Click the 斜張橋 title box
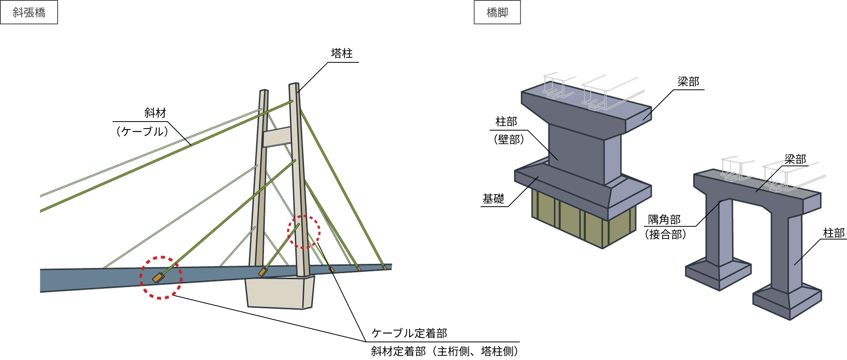click(29, 13)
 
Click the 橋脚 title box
click(497, 13)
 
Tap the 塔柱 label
click(342, 53)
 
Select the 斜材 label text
click(155, 113)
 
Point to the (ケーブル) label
click(142, 131)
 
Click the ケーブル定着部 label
click(409, 333)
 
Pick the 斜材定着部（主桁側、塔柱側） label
click(445, 351)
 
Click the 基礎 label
click(493, 199)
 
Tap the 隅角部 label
click(664, 220)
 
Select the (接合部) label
click(665, 235)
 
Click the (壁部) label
click(509, 139)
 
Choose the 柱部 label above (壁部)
click(506, 122)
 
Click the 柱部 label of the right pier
click(834, 233)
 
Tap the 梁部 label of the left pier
click(688, 82)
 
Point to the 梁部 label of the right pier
click(795, 159)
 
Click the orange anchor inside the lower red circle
click(158, 278)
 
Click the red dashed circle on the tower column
click(304, 231)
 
